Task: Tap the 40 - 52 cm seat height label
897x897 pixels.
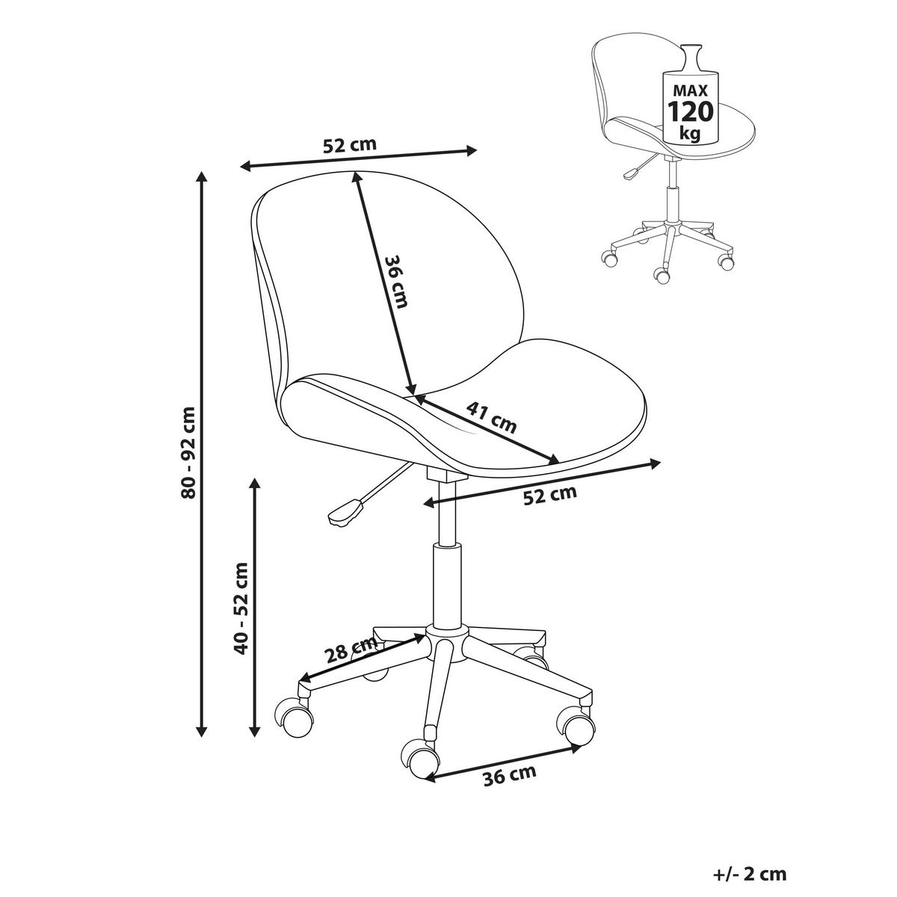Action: [x=241, y=608]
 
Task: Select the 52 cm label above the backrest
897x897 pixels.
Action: [x=350, y=145]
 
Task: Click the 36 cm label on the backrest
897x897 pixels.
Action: [x=398, y=282]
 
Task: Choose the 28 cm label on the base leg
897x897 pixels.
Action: [x=351, y=650]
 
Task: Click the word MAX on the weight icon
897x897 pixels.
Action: [x=691, y=90]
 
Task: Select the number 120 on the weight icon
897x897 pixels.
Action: [x=691, y=111]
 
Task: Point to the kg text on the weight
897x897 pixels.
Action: [x=691, y=134]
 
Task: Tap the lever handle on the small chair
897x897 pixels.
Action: [x=631, y=173]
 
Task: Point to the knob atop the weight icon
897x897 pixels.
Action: [x=691, y=49]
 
